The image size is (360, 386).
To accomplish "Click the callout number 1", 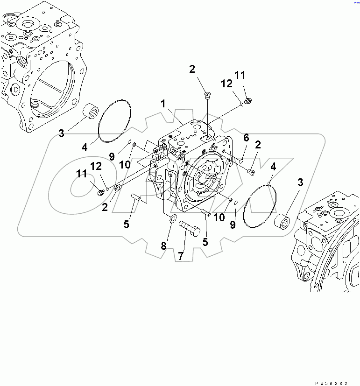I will point(163,104).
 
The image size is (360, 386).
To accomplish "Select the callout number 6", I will point(246,137).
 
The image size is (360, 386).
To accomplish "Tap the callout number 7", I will point(181,255).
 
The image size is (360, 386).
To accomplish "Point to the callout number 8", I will point(164,246).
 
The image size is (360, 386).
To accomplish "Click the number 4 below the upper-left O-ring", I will point(85,147).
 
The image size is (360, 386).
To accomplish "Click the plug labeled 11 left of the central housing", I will point(99,192).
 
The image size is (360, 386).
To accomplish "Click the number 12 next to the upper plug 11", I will point(226,84).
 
